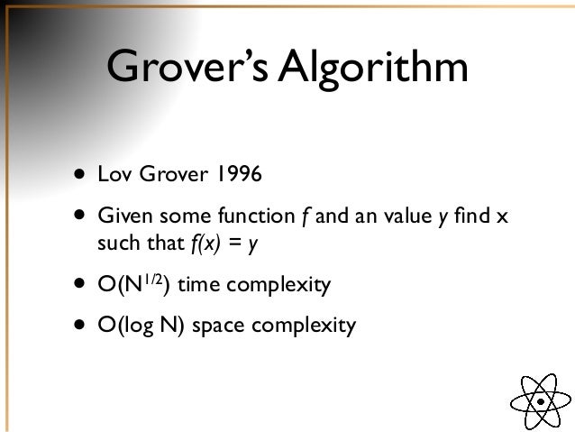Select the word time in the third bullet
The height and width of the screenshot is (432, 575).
[x=206, y=286]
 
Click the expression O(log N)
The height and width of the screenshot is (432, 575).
[x=145, y=323]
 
